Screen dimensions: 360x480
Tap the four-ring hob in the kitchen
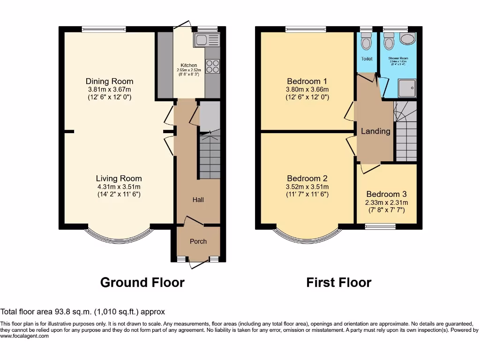click(213, 66)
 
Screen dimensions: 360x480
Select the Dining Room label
click(109, 81)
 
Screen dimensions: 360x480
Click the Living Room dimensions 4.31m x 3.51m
click(119, 186)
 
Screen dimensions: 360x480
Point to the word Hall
click(198, 200)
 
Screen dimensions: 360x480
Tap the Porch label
click(198, 241)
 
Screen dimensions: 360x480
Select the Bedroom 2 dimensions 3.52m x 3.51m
click(307, 186)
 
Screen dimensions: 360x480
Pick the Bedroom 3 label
click(386, 194)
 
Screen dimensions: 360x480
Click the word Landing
click(375, 131)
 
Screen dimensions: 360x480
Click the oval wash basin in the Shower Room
click(408, 39)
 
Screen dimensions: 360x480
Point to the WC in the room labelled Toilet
click(366, 42)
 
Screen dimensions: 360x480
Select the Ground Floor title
click(142, 283)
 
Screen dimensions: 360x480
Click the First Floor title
click(338, 283)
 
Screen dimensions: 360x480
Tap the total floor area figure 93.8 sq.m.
click(74, 312)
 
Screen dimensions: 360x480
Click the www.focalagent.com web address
click(24, 336)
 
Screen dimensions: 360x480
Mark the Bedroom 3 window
click(380, 227)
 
